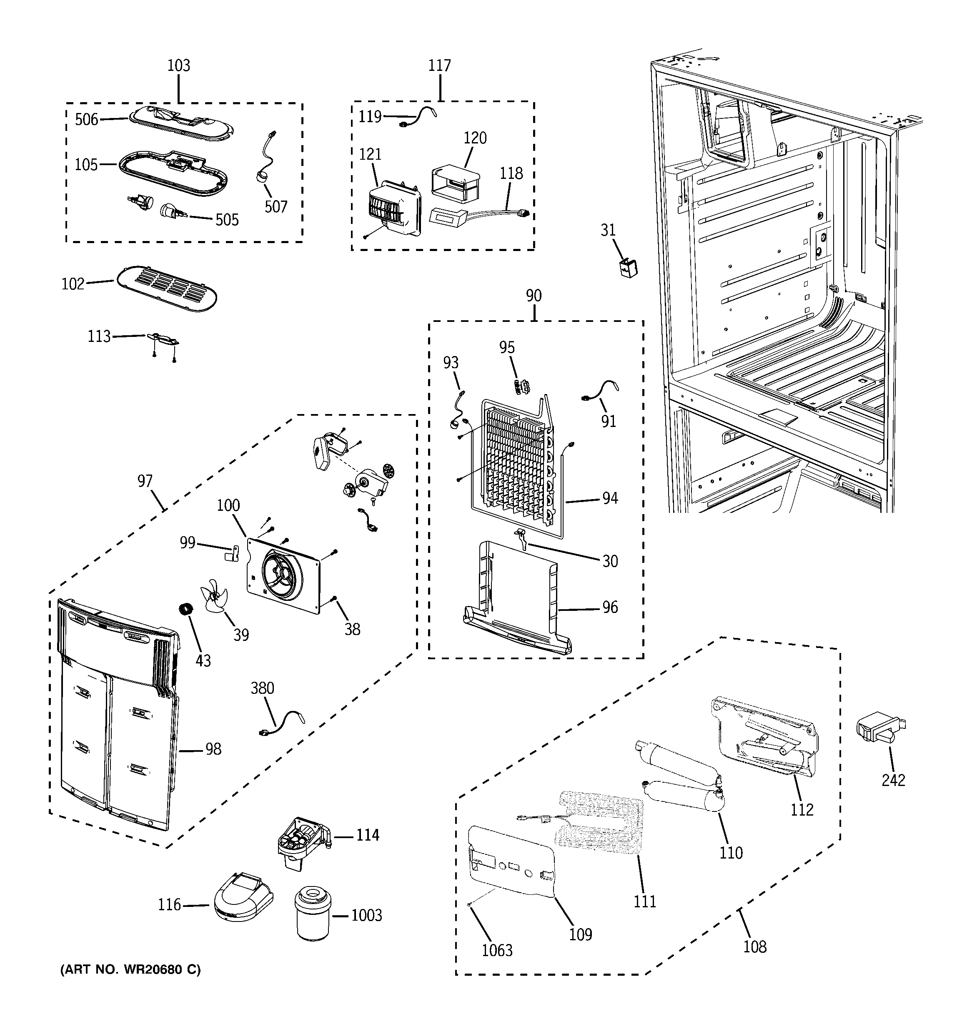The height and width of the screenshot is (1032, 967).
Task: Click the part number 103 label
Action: coord(178,65)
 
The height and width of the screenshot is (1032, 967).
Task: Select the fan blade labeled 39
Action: coord(214,598)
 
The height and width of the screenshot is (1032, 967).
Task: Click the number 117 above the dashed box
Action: coord(439,65)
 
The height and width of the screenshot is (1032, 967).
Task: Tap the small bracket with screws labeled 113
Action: coord(163,339)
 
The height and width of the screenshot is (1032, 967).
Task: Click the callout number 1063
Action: coord(497,950)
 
